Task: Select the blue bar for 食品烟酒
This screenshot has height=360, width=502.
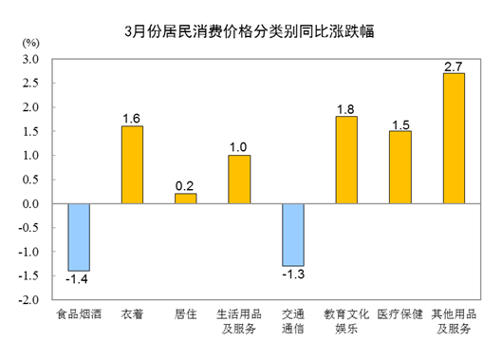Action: [x=78, y=237]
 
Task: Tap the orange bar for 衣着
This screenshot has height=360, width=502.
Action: [x=132, y=164]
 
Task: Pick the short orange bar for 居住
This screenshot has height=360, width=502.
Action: [x=186, y=199]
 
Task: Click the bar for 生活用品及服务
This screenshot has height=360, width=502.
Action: [x=239, y=179]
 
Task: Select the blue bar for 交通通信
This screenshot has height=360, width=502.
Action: [x=293, y=235]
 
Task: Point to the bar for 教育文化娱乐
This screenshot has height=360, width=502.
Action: [x=346, y=160]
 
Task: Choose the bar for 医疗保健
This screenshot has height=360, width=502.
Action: [x=400, y=167]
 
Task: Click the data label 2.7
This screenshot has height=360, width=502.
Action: [x=454, y=66]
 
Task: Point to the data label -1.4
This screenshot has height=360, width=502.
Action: [x=78, y=280]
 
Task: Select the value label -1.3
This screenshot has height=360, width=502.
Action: [x=293, y=275]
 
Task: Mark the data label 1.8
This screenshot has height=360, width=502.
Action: [x=346, y=108]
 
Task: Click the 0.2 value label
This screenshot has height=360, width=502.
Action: [x=186, y=186]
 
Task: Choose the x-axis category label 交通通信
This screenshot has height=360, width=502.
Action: [x=293, y=321]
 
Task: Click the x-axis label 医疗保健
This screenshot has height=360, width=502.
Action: [x=400, y=314]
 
